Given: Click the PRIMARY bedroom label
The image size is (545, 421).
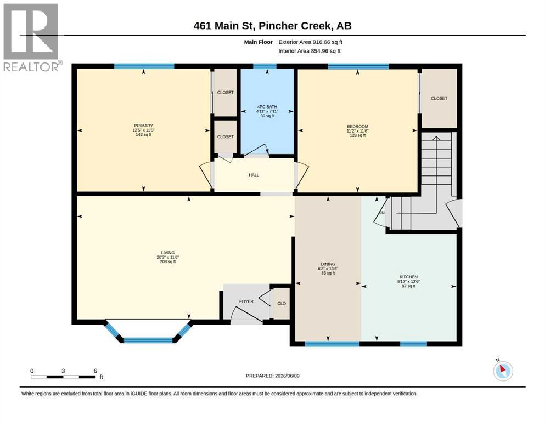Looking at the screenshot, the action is click(143, 126).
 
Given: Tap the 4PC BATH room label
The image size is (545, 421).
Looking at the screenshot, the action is click(267, 107).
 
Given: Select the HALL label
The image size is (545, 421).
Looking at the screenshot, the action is click(254, 175).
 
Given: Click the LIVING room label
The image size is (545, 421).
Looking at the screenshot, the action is click(167, 253).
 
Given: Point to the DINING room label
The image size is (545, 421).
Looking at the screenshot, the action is click(328, 264).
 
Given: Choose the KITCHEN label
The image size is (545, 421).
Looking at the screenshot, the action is click(408, 277).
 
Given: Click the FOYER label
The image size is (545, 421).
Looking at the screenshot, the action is click(246, 301).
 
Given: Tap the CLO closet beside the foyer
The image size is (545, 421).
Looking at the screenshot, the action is click(282, 303).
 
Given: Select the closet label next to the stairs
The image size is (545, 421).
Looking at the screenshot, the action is click(439, 98).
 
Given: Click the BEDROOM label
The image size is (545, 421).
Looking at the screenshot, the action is click(357, 126).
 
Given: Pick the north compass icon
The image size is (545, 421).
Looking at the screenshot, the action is click(503, 370).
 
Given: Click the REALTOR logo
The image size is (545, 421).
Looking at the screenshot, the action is click(32, 37).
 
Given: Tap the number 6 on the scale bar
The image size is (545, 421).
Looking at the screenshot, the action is click(95, 371).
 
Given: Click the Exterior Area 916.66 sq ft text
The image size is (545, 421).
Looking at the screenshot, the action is click(311, 42).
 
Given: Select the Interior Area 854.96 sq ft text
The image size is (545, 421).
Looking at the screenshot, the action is click(310, 51).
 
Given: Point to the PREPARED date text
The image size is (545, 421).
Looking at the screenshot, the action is click(272, 376).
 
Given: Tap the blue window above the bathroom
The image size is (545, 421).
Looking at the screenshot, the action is click(265, 66).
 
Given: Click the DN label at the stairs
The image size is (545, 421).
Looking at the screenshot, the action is click(381, 213).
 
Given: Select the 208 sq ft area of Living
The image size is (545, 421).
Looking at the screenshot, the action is click(167, 261).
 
